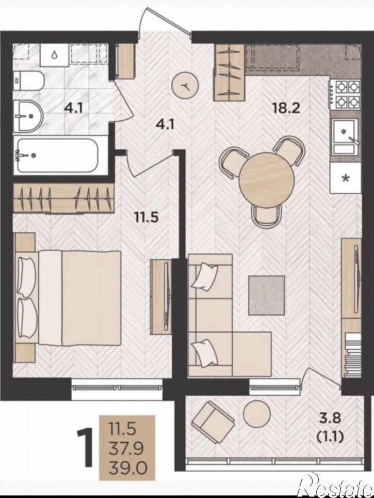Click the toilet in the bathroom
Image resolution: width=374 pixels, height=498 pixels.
point(28,81)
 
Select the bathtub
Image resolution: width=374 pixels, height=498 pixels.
point(60,155)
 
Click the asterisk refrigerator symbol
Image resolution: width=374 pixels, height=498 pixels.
point(346,178)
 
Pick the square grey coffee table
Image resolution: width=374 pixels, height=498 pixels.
point(266,295)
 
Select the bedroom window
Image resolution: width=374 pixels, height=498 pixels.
point(118,387)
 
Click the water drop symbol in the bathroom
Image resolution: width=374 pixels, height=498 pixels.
point(55,55)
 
